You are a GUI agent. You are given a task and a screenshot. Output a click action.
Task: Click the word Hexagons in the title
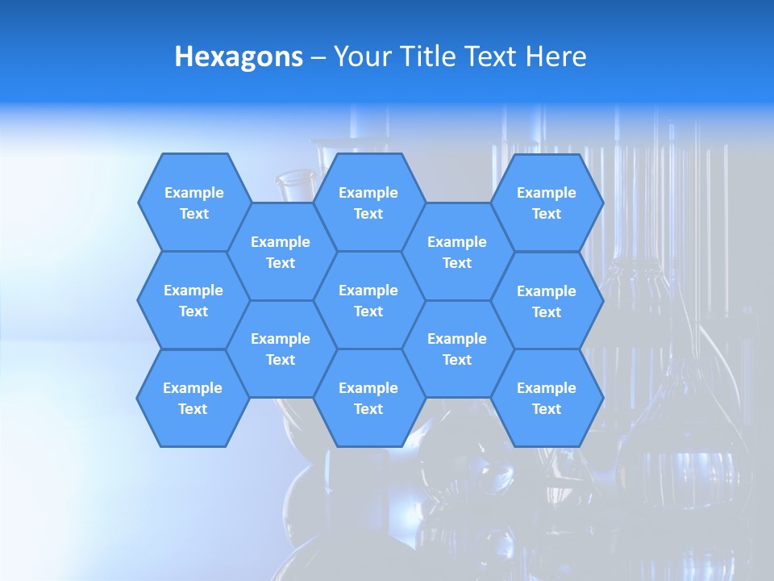click(x=239, y=57)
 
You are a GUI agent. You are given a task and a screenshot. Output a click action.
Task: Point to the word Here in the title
click(x=556, y=57)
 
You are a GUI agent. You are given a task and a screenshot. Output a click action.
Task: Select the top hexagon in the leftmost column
click(x=194, y=203)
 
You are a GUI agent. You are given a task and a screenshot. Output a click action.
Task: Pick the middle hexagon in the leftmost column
click(x=193, y=300)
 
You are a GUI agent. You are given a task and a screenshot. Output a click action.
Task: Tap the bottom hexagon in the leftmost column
click(x=193, y=398)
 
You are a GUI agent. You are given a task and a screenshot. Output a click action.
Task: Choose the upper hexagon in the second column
click(x=281, y=252)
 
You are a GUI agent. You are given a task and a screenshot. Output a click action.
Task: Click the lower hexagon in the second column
click(x=281, y=349)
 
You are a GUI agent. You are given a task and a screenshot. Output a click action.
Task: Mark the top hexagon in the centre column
click(x=368, y=203)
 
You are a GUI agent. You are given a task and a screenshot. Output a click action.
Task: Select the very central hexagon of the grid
click(x=368, y=300)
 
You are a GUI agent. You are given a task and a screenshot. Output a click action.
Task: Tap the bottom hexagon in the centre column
click(x=368, y=398)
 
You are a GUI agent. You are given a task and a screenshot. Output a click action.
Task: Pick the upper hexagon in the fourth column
click(x=457, y=252)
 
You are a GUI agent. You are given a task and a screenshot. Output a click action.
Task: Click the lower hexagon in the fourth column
click(x=457, y=349)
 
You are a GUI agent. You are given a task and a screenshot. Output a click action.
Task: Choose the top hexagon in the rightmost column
click(x=547, y=203)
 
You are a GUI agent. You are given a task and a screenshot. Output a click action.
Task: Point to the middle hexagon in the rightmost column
click(x=547, y=301)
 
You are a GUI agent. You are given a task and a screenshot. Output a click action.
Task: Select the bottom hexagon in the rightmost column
click(x=547, y=398)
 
